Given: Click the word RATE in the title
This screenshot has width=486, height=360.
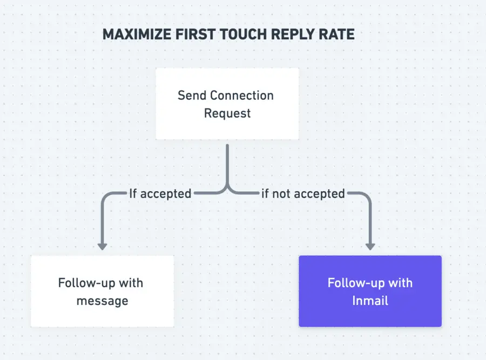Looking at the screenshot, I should [x=335, y=35].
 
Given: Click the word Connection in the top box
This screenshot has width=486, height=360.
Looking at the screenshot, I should [x=241, y=96].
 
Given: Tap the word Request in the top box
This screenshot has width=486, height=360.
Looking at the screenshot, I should [x=227, y=113].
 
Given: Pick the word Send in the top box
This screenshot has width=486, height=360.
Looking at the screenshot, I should [x=192, y=96].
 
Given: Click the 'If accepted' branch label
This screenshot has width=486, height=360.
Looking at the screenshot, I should [x=160, y=193].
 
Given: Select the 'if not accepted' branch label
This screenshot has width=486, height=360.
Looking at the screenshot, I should [x=303, y=193].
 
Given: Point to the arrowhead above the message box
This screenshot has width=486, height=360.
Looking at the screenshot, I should [x=102, y=246].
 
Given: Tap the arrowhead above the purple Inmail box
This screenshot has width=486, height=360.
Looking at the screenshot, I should [x=370, y=246].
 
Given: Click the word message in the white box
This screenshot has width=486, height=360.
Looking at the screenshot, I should [x=102, y=301].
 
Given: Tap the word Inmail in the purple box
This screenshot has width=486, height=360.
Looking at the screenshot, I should [x=370, y=301].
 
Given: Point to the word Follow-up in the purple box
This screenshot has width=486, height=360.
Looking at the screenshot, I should [x=352, y=283].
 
